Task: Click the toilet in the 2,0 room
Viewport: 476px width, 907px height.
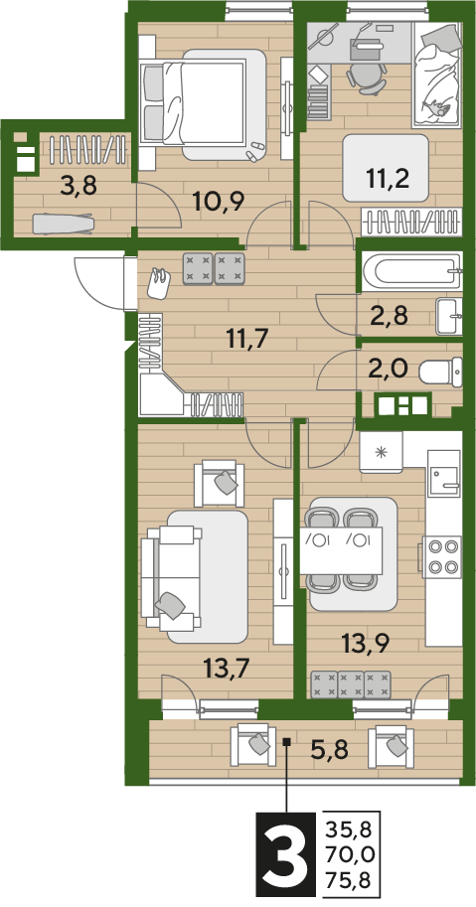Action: pos(440,372)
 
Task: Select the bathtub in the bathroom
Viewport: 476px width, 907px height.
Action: pos(411,271)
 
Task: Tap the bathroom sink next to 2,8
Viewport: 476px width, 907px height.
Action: pos(449,316)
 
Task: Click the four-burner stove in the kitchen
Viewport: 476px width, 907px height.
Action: pos(442,557)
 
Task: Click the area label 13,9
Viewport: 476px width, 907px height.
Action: pos(365,642)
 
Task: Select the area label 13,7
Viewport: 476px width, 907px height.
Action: pos(227,670)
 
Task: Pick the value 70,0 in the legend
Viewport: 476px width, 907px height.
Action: pos(350,853)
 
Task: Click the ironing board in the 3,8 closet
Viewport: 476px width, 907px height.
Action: pos(62,224)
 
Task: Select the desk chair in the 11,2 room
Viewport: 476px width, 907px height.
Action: pos(367,76)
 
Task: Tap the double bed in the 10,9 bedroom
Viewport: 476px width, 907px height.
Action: pos(203,104)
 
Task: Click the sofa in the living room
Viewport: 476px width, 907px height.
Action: pos(172,578)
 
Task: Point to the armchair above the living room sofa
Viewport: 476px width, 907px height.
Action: pos(216,484)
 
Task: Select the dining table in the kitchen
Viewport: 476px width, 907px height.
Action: pos(341,550)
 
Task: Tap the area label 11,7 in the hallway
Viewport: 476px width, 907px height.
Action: pos(247,338)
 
